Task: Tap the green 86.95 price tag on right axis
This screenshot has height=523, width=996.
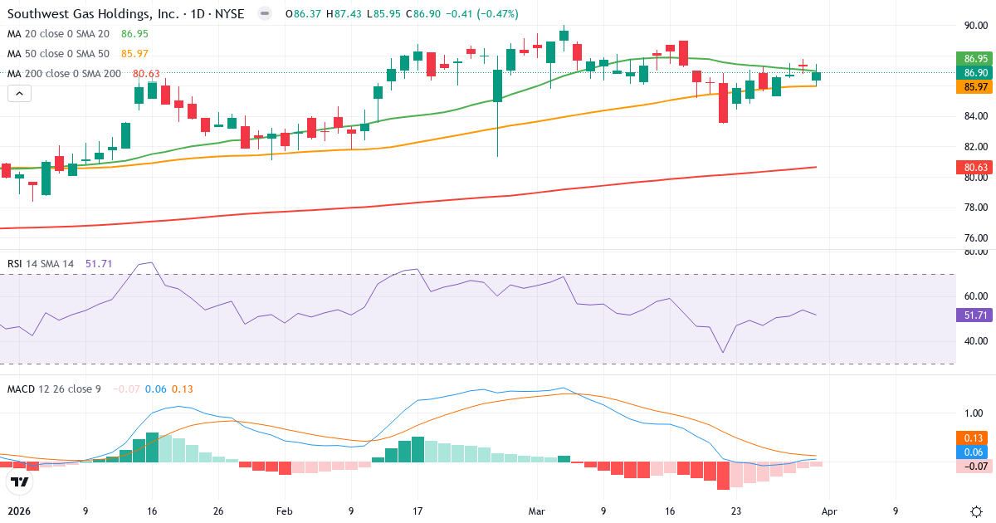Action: pos(976,59)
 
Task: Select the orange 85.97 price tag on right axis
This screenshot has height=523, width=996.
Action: pos(976,87)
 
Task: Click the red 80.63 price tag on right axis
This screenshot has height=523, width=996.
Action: pos(976,167)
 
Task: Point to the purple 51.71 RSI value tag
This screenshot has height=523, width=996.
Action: pos(976,315)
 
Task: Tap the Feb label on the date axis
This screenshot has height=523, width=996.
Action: pos(285,511)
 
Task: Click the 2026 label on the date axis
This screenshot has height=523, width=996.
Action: pos(19,511)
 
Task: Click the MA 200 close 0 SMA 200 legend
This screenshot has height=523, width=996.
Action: pos(65,74)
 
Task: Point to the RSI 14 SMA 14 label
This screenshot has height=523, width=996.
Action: pos(41,264)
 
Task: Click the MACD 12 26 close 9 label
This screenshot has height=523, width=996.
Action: pos(55,389)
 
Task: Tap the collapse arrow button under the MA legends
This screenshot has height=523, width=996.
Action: pos(19,94)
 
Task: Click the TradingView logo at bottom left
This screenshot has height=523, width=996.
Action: pos(18,481)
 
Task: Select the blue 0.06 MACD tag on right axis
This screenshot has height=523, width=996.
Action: pos(976,452)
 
